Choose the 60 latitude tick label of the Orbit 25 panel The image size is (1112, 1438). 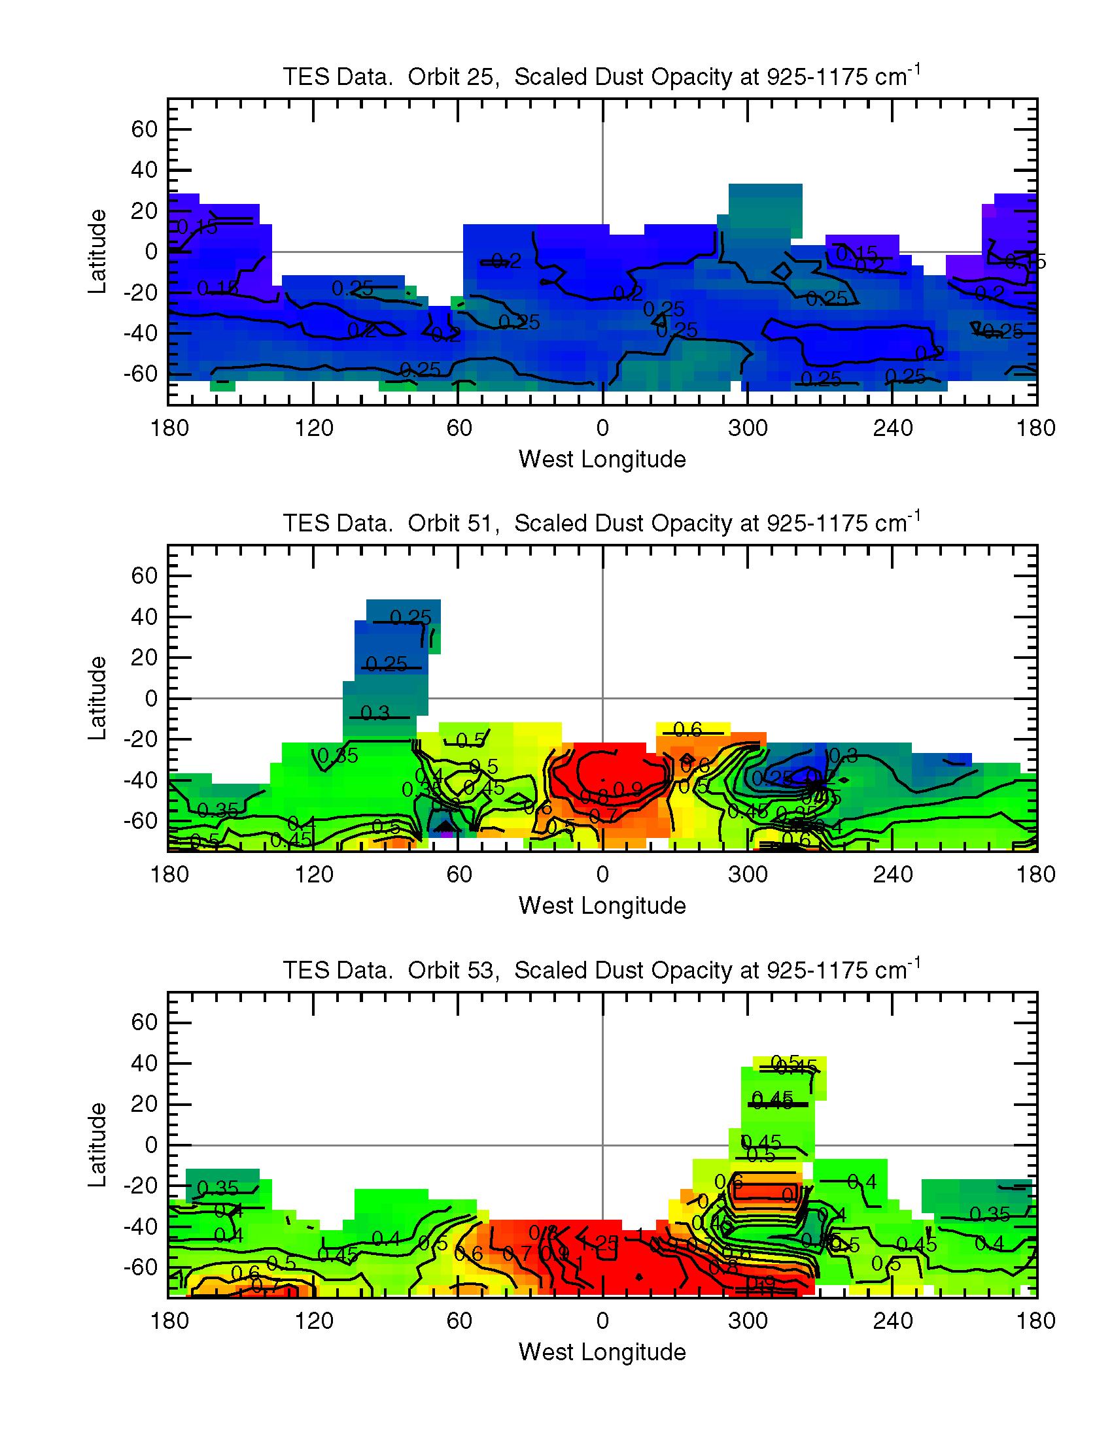(x=145, y=129)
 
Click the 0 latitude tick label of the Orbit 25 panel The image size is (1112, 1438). (x=152, y=252)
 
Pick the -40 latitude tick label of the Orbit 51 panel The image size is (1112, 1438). (x=141, y=781)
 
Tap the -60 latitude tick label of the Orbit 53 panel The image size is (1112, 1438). (x=141, y=1268)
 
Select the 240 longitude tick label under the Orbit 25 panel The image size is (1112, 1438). (x=893, y=429)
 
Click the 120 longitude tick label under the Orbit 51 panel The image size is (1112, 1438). (x=314, y=875)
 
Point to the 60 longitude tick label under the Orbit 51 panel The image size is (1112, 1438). (x=459, y=875)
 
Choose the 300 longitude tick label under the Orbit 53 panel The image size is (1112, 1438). (x=748, y=1322)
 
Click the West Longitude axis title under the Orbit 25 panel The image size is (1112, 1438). (x=602, y=459)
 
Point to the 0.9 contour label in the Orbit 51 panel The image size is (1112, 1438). (x=627, y=789)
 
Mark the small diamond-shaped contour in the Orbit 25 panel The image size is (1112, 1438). (x=782, y=271)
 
